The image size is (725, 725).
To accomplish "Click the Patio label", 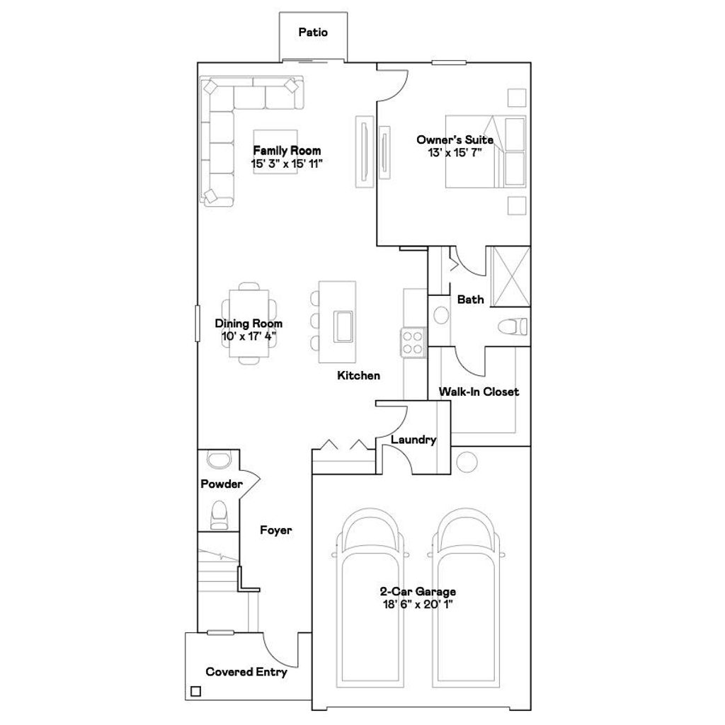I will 312,32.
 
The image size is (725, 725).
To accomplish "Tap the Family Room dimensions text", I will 287,164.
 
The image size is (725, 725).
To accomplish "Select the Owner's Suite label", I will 455,140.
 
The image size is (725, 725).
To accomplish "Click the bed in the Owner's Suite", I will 486,152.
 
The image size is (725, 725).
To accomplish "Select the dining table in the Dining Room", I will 249,323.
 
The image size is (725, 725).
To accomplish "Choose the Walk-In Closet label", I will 479,392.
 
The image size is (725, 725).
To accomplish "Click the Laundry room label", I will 413,440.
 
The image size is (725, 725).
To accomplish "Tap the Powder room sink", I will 219,459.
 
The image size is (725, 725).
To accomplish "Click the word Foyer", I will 275,530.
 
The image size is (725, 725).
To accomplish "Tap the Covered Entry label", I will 246,672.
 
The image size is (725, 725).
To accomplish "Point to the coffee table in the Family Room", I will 276,152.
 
